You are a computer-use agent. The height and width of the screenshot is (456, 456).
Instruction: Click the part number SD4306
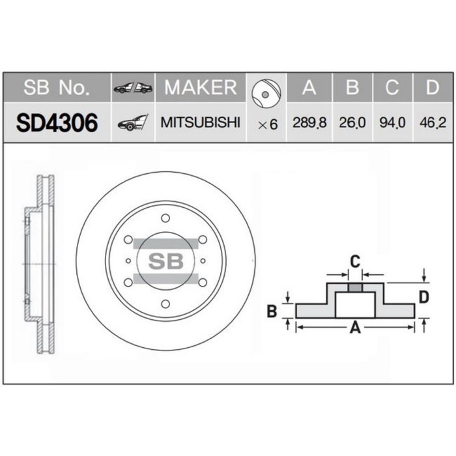[57, 122]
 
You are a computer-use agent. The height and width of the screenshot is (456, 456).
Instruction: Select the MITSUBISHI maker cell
[201, 122]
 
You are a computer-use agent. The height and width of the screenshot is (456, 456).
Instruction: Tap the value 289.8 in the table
[309, 122]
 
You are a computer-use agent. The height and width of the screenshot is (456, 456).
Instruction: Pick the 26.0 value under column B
[352, 122]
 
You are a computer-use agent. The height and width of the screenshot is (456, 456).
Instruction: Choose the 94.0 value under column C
[393, 122]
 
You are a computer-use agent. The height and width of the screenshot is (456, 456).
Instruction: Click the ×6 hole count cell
[267, 123]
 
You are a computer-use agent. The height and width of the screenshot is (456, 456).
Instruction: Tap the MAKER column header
[201, 87]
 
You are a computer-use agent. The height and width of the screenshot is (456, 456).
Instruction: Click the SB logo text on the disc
[165, 261]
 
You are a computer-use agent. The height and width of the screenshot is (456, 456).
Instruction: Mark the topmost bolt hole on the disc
[165, 218]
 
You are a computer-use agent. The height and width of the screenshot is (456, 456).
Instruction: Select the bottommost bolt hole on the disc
[165, 304]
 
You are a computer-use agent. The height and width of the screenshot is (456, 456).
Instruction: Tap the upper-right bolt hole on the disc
[202, 240]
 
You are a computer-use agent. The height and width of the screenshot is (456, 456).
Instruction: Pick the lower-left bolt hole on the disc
[128, 282]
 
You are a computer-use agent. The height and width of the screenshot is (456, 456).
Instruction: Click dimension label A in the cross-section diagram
[355, 328]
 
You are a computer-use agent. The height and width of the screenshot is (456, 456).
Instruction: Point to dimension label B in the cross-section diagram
[272, 311]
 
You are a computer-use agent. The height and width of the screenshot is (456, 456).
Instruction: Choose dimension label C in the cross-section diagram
[354, 261]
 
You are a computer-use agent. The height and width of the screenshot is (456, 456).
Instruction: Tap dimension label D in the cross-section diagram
[423, 297]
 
